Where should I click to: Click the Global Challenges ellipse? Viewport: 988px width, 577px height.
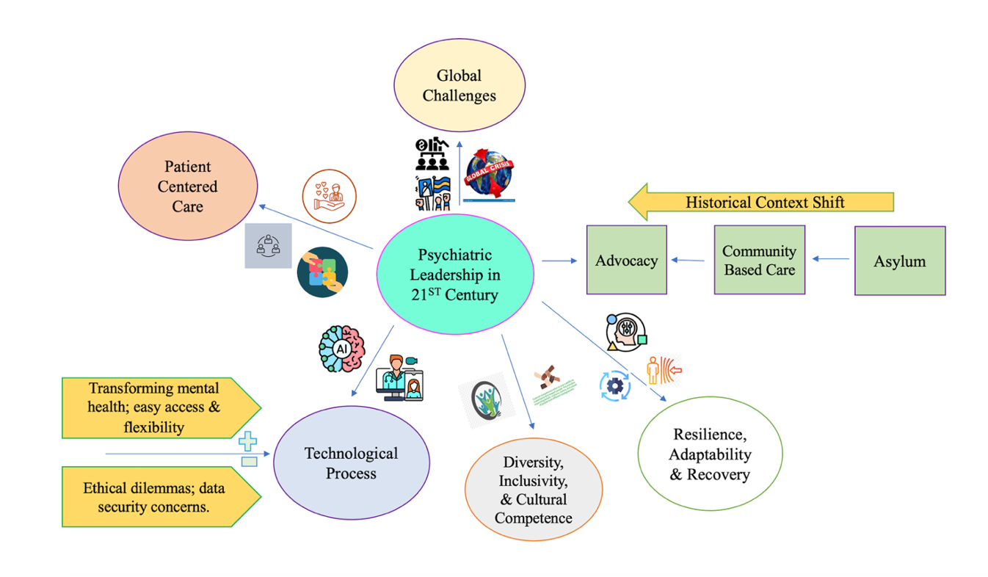pos(460,85)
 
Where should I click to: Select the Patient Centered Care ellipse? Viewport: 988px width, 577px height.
pos(188,186)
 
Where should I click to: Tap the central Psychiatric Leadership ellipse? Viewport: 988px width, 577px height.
pos(454,275)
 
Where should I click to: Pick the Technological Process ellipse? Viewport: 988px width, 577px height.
pos(351,462)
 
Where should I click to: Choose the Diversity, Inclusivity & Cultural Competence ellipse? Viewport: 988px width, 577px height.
pos(534,490)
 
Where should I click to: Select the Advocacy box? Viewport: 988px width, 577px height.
pos(626,260)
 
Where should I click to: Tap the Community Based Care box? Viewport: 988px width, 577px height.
pos(759,260)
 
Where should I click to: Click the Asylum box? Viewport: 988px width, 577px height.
pos(899,261)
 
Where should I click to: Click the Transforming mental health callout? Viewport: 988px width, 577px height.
pos(158,407)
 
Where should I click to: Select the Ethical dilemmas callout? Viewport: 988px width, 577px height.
pos(158,496)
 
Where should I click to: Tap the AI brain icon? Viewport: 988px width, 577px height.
pos(342,349)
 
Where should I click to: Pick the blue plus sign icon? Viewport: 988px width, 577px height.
pos(248,442)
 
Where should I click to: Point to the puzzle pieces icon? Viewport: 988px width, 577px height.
pos(323,272)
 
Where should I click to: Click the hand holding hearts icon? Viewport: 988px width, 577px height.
pos(330,197)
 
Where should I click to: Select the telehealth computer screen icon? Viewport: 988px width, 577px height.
pos(401,379)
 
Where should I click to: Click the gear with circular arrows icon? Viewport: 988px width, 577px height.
pos(614,386)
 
